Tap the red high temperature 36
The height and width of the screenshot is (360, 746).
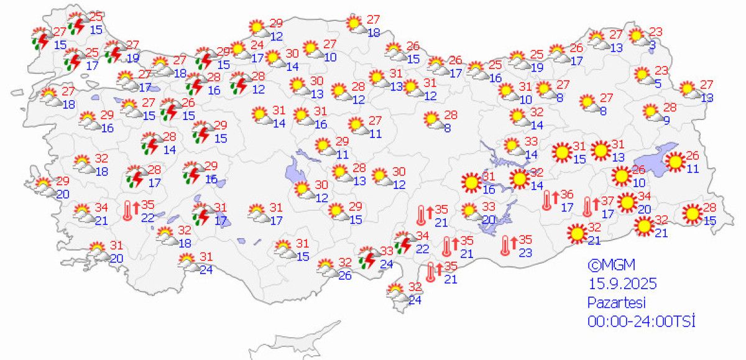point(566,195)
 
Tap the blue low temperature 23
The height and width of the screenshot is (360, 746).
point(525,252)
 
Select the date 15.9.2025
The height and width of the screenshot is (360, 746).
point(622,284)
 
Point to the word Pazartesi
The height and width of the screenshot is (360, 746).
point(617,303)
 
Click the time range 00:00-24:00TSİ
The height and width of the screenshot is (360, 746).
point(641,321)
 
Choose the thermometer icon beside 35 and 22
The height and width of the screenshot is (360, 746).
point(129,210)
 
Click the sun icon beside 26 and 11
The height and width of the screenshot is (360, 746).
point(675,162)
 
